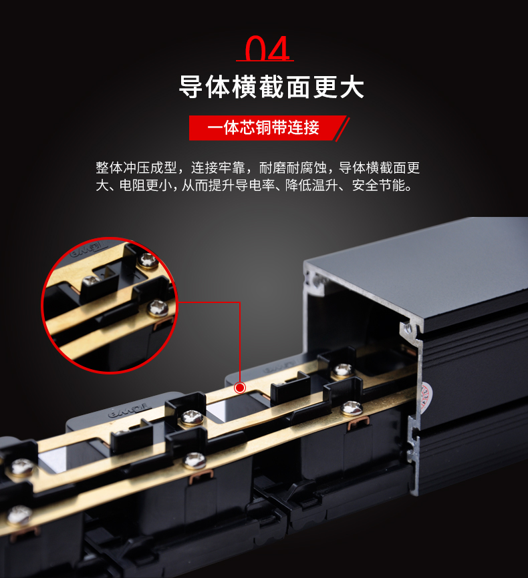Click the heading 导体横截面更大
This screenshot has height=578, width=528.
(x=272, y=87)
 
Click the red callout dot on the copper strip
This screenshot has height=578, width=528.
(x=240, y=388)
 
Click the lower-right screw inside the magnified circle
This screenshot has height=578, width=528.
(x=158, y=308)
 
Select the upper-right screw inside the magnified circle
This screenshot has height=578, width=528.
(x=148, y=260)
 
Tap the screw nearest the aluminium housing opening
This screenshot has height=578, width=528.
(x=344, y=370)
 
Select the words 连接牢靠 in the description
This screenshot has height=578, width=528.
(x=218, y=168)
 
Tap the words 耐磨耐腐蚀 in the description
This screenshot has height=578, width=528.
(x=293, y=168)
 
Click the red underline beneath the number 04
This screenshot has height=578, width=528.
(x=265, y=61)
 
